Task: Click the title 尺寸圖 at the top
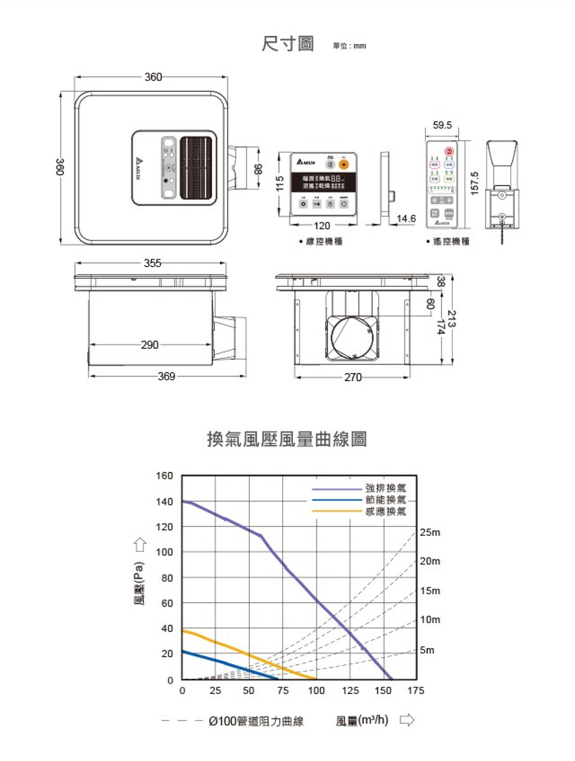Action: tap(287, 44)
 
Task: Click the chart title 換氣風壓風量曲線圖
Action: tap(286, 439)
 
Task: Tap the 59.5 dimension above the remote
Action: tap(442, 125)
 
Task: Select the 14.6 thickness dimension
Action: tap(406, 219)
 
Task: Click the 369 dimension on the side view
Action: tap(166, 376)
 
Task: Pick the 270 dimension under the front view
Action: tap(352, 377)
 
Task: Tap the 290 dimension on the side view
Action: tap(149, 345)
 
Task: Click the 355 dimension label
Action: tap(152, 263)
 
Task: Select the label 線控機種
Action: tap(324, 242)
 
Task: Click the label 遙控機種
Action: tap(451, 242)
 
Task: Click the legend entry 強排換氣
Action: tap(385, 488)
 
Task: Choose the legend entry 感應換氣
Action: tap(385, 511)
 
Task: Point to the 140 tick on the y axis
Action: tap(164, 502)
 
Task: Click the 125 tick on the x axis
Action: tap(350, 691)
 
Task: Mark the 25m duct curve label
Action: tap(430, 533)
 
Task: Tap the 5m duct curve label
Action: tap(427, 651)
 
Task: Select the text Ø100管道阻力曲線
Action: tap(255, 721)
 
